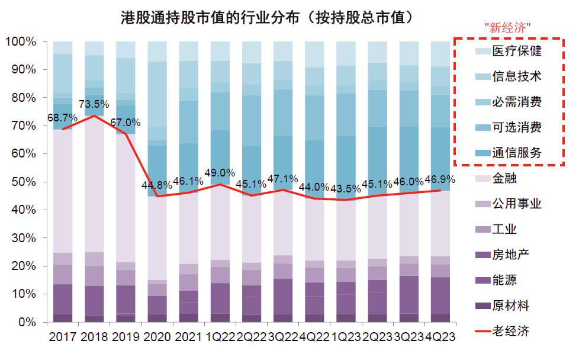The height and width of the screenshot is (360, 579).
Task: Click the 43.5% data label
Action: click(346, 189)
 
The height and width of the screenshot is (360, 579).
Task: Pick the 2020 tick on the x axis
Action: click(157, 337)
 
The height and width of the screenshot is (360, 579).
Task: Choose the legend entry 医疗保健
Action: click(517, 52)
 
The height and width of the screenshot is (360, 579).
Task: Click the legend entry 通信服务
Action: click(517, 152)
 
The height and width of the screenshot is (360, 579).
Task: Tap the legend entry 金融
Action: click(504, 178)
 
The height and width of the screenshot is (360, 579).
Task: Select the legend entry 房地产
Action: click(510, 255)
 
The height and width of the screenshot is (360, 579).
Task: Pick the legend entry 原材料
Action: click(510, 306)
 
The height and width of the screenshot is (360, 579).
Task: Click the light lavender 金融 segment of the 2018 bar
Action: click(94, 184)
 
